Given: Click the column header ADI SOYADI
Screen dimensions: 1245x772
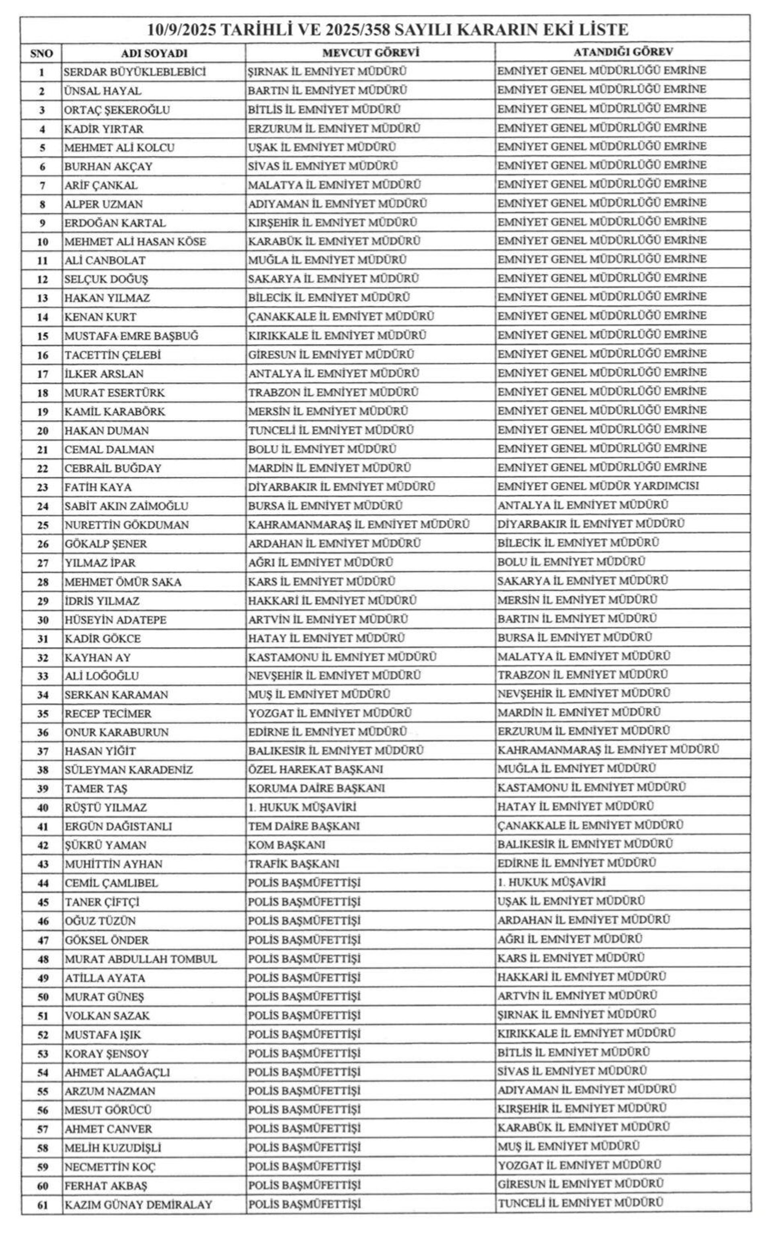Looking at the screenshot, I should coord(154,53).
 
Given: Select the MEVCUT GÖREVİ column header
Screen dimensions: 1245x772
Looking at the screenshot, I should coord(370,52).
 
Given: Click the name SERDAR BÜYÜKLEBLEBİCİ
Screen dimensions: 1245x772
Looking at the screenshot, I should coord(135,72).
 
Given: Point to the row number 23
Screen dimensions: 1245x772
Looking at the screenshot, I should coord(42,488).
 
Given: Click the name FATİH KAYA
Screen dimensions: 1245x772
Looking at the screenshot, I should coord(98,488).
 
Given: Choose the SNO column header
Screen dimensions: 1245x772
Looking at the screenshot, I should coord(41,53).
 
